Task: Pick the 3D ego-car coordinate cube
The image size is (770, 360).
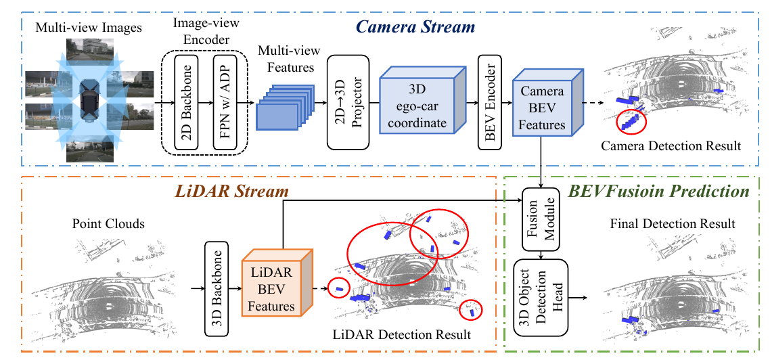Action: [422, 101]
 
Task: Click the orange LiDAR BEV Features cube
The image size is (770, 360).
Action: [277, 283]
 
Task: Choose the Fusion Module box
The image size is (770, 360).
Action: [541, 219]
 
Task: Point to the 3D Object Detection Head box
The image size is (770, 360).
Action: [541, 298]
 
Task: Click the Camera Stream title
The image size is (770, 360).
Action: [415, 27]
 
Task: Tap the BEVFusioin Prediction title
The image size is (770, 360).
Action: [658, 192]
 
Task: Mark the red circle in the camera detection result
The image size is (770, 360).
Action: [632, 121]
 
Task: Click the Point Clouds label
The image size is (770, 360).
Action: [108, 224]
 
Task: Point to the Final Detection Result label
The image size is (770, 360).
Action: [673, 224]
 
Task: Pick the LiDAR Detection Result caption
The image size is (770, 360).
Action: [402, 336]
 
